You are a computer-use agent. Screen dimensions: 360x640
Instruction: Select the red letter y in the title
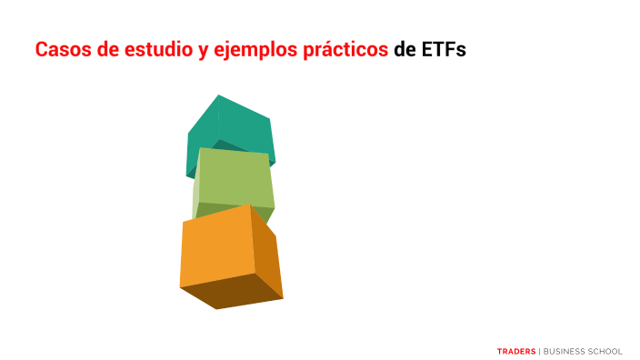click(x=201, y=52)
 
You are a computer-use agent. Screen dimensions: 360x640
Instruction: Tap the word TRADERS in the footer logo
click(x=516, y=350)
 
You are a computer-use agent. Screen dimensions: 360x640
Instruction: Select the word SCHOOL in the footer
click(x=606, y=350)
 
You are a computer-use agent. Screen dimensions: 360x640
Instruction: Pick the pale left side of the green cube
click(x=195, y=186)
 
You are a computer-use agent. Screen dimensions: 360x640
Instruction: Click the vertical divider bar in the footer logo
click(x=539, y=350)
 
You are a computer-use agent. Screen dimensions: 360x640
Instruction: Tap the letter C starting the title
click(x=41, y=50)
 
